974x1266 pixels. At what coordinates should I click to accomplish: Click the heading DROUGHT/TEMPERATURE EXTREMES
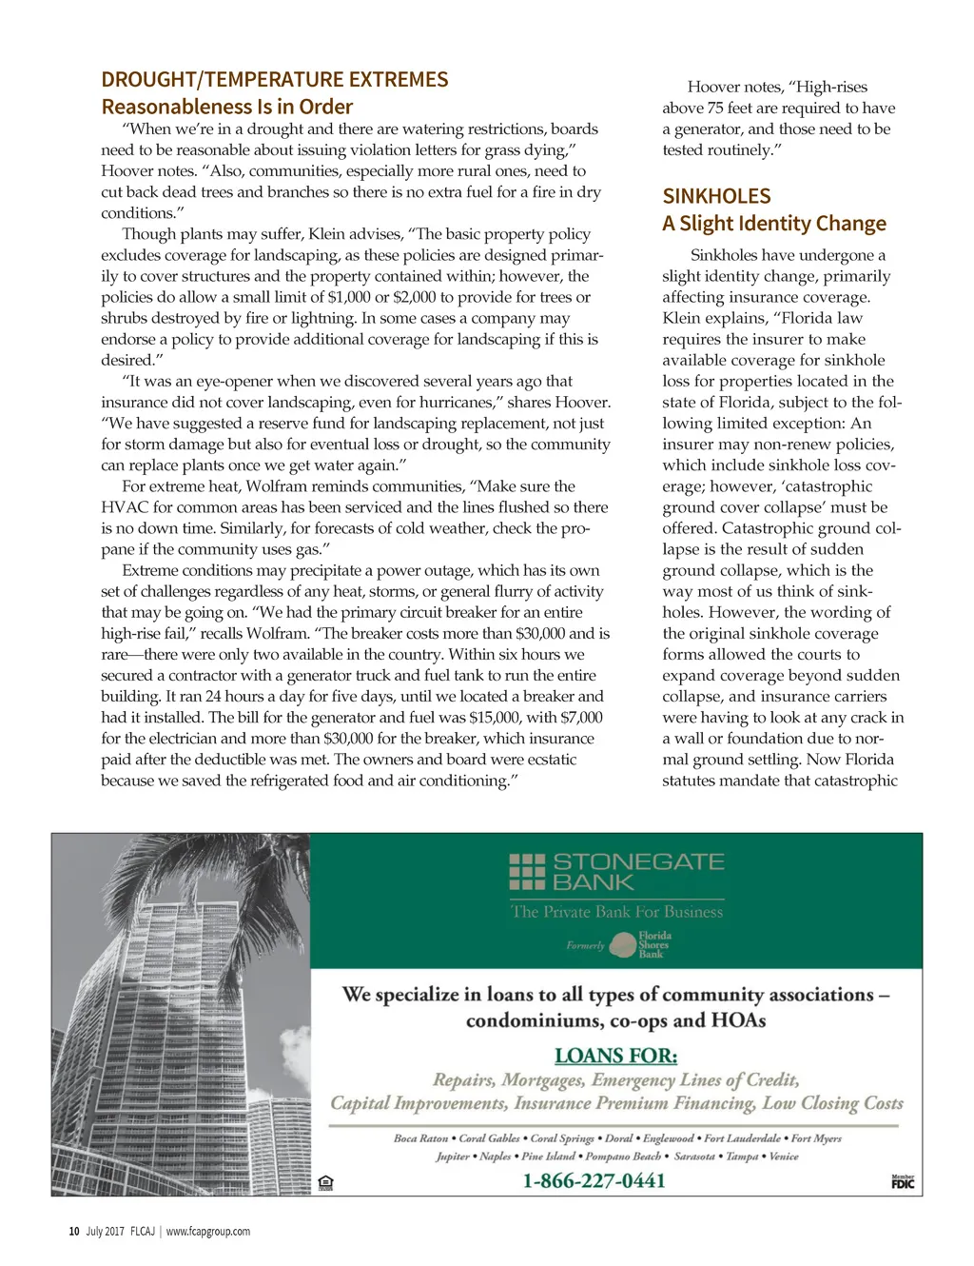275,80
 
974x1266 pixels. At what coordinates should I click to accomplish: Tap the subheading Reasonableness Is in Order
227,107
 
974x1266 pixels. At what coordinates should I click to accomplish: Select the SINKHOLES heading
716,196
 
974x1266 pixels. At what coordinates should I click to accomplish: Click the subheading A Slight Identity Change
774,224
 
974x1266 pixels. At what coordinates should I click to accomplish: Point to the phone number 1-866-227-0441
594,1181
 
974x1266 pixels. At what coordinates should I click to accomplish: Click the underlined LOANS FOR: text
615,1056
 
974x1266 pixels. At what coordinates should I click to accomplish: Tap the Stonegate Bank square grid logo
527,872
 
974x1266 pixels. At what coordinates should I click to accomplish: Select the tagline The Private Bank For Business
616,912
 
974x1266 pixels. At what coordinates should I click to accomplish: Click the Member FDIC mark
903,1181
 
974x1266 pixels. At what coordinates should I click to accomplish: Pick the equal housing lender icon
325,1183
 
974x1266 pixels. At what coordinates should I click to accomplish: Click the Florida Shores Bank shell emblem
623,945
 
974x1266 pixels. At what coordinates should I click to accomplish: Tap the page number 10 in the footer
74,1232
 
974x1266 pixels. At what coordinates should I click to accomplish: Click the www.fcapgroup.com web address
208,1232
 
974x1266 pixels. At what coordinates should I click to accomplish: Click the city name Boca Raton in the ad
420,1138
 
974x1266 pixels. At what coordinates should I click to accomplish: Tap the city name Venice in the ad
783,1157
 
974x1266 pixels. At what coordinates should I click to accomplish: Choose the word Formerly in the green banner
585,946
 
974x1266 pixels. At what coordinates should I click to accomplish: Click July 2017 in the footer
105,1232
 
